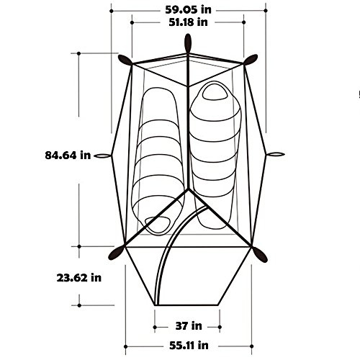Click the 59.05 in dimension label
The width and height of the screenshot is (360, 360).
pyautogui.click(x=188, y=10)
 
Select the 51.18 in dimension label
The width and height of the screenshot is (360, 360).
pyautogui.click(x=188, y=22)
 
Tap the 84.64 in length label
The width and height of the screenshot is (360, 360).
pyautogui.click(x=68, y=156)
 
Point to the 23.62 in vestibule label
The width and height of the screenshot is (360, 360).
pyautogui.click(x=79, y=278)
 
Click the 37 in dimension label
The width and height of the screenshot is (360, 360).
pyautogui.click(x=189, y=326)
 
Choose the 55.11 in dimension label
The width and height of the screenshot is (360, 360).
pyautogui.click(x=189, y=346)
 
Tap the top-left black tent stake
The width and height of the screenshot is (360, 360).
pyautogui.click(x=125, y=60)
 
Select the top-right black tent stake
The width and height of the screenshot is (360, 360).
pyautogui.click(x=251, y=60)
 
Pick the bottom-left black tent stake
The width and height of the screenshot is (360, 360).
pyautogui.click(x=116, y=253)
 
